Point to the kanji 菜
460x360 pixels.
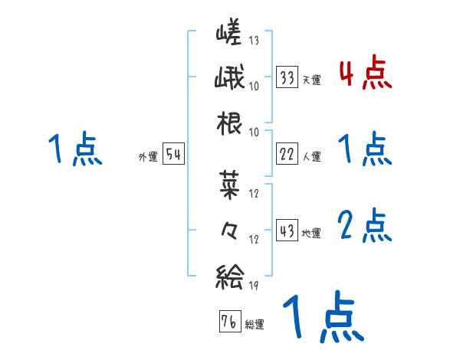229,183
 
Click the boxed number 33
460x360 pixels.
288,78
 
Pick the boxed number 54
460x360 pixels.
173,155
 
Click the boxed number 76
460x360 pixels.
229,322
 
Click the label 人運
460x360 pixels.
311,156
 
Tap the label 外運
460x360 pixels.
149,156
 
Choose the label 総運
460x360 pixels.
254,324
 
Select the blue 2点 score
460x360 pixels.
365,226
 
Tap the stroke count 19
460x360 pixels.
254,286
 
